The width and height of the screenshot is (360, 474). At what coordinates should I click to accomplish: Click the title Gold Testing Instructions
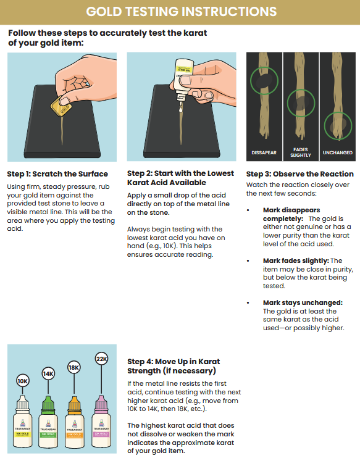click(x=180, y=12)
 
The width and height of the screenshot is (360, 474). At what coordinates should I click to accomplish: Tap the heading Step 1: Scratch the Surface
click(x=57, y=173)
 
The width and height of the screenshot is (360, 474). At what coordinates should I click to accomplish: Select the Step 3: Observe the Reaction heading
click(x=299, y=173)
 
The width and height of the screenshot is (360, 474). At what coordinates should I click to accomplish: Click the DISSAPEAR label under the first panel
click(x=264, y=152)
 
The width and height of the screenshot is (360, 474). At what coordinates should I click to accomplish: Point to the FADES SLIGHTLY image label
click(x=300, y=151)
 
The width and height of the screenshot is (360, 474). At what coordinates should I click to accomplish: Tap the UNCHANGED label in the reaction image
click(x=337, y=152)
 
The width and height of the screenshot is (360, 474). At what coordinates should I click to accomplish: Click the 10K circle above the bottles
click(x=23, y=381)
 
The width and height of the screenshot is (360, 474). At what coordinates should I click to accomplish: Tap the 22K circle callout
click(x=101, y=359)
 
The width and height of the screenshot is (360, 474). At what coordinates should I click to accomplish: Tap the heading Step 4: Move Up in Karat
click(x=174, y=366)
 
